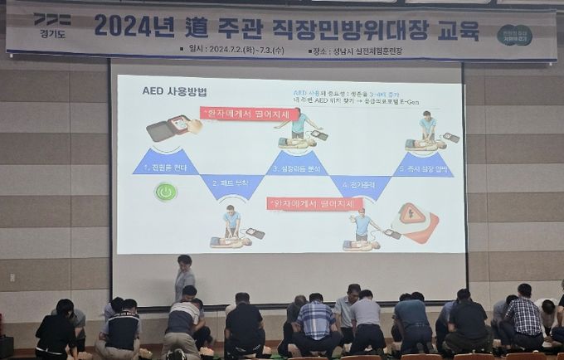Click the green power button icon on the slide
tap(166, 192)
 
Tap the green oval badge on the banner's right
tap(514, 34)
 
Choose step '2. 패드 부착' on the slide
tap(232, 182)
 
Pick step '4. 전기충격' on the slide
tap(360, 182)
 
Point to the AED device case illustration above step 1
tap(173, 129)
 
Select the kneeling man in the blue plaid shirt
tap(317, 322)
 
